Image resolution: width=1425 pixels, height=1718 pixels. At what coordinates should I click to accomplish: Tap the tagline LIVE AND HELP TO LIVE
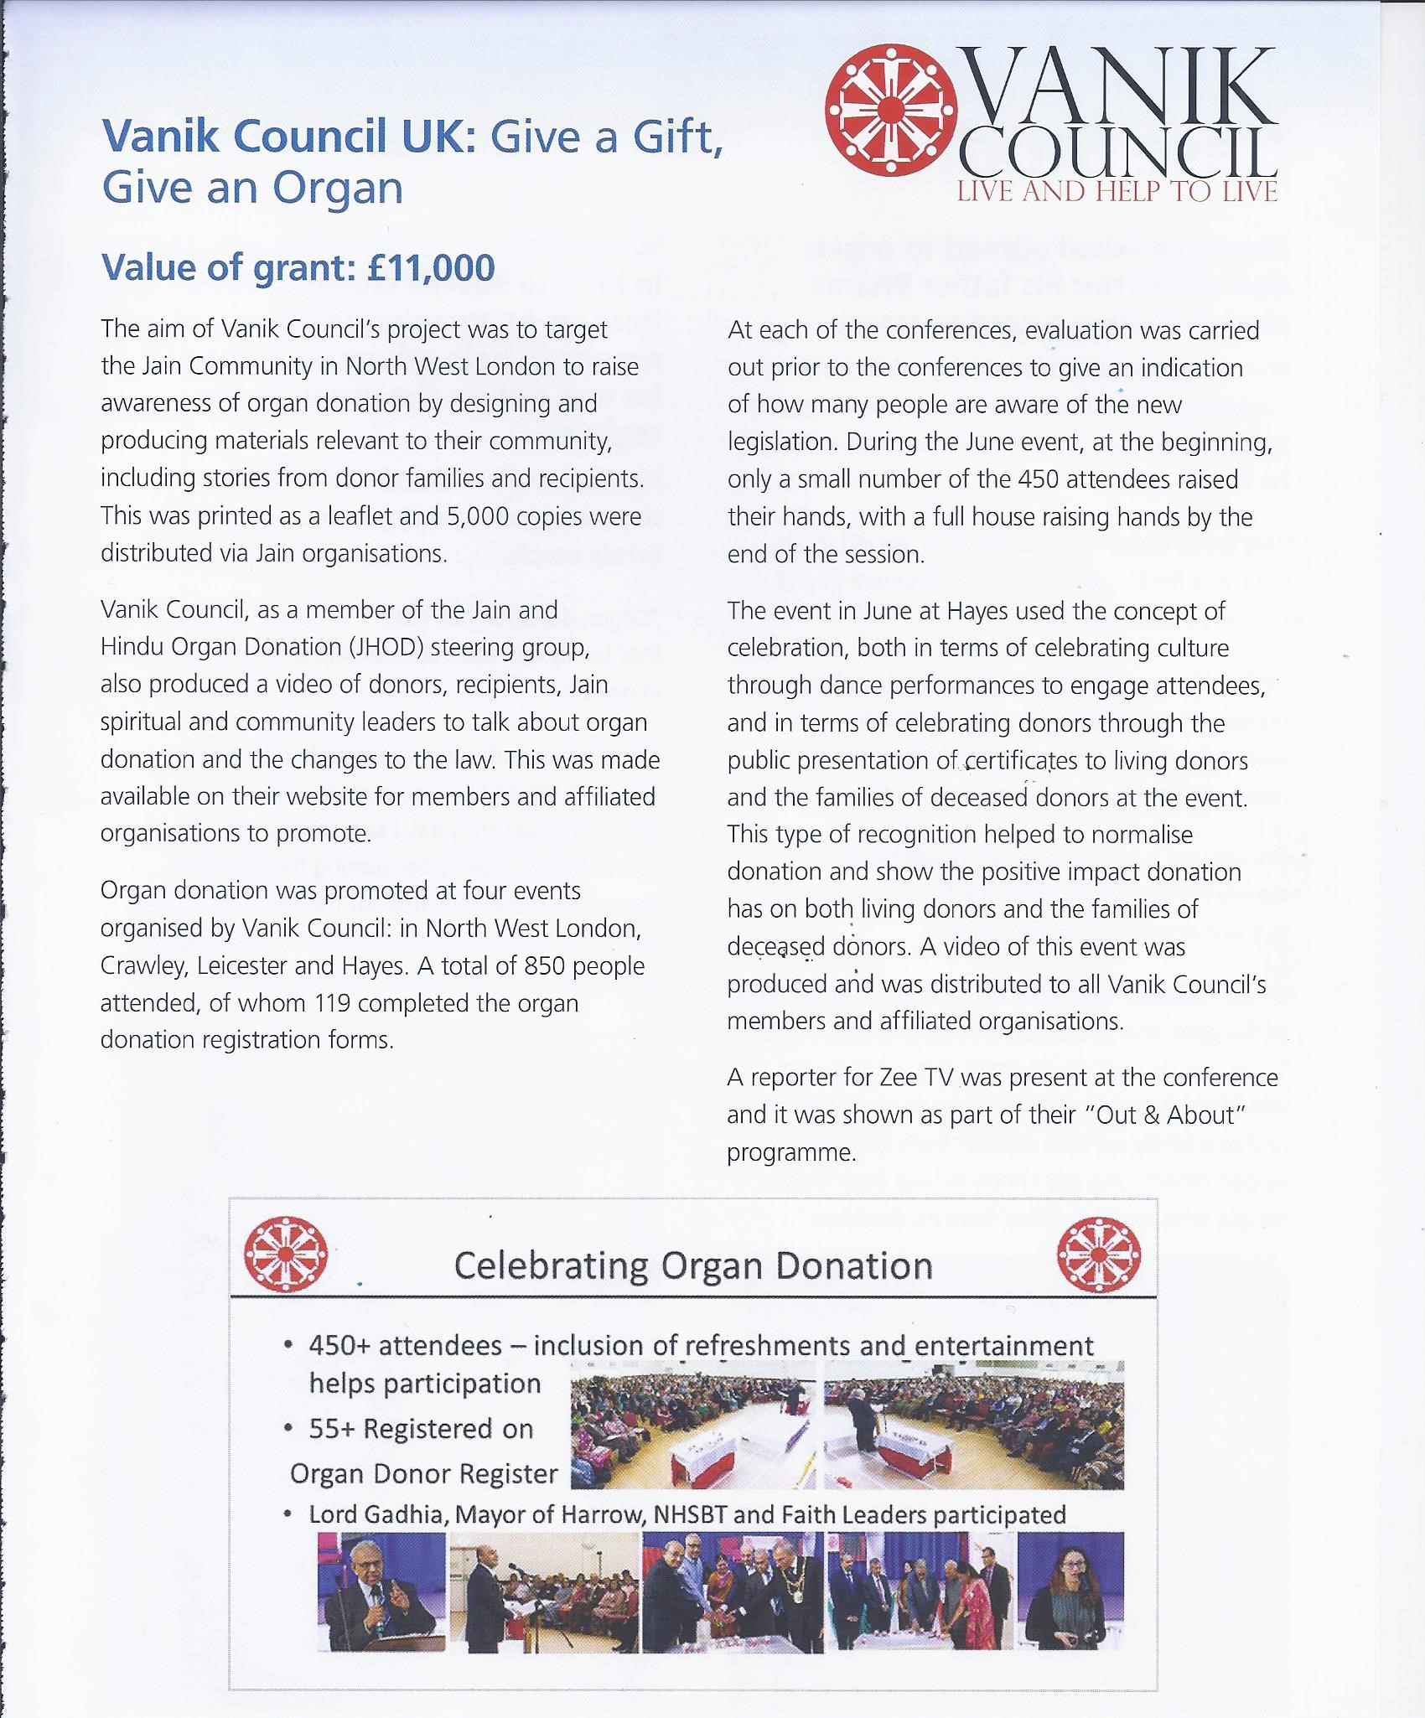(x=1117, y=192)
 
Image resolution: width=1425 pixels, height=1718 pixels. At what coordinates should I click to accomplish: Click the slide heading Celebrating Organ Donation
(x=692, y=1266)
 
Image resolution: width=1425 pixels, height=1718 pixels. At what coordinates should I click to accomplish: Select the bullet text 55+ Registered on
(x=421, y=1429)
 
